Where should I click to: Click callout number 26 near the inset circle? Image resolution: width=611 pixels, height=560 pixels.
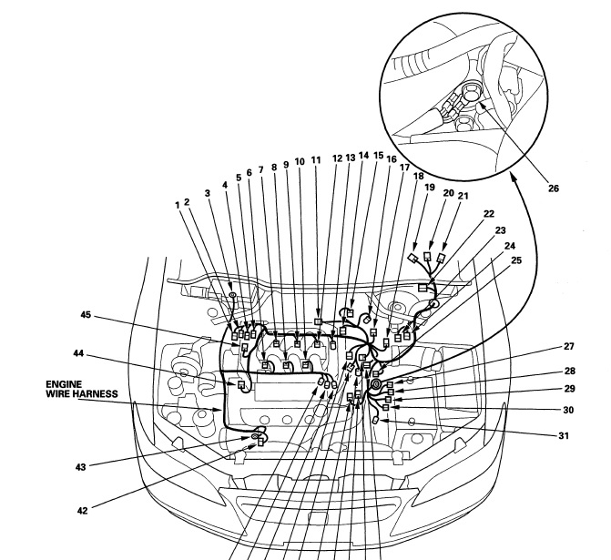554,188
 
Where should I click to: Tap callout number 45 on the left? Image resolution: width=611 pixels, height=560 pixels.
86,314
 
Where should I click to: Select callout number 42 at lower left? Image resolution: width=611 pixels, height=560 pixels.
82,511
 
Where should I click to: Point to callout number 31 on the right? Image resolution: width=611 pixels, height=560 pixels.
564,435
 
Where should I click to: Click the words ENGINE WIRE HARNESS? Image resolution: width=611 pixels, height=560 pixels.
82,390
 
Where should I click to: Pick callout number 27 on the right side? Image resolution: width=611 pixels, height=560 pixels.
569,346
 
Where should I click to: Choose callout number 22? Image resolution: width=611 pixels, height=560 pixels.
489,214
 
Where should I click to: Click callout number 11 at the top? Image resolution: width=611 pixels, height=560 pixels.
316,159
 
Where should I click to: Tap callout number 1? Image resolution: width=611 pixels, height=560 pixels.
178,205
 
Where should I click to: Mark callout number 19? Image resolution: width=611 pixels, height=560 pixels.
430,188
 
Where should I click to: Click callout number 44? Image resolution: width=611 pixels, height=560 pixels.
78,353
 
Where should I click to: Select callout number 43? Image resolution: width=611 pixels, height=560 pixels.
80,467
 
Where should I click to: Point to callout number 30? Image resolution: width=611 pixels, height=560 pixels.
568,410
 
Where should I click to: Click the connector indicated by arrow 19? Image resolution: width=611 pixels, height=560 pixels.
412,258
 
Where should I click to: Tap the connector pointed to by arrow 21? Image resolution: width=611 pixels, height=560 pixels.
441,258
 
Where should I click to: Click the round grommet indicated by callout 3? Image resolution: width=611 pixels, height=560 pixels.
232,295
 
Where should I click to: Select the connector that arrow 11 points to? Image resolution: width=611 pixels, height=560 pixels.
318,321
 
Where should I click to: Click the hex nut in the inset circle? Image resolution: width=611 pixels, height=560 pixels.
471,92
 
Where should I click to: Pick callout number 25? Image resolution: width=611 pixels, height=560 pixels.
516,260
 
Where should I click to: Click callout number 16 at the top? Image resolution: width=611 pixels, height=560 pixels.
391,159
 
